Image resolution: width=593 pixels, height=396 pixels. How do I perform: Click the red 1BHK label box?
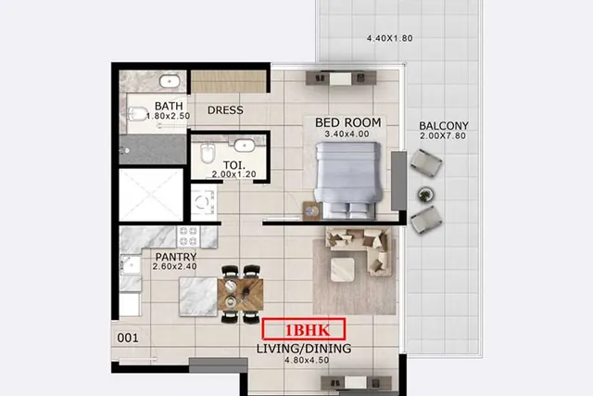click(x=304, y=329)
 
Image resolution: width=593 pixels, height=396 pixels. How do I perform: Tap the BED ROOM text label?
click(x=348, y=122)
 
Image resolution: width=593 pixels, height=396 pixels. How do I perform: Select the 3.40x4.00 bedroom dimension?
click(x=347, y=134)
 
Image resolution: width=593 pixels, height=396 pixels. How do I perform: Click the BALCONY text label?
click(x=444, y=125)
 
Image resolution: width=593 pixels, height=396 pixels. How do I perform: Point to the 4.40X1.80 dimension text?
click(x=389, y=38)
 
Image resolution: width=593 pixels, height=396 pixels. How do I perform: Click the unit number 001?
click(x=128, y=338)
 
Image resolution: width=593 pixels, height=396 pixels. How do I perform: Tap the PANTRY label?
click(x=176, y=257)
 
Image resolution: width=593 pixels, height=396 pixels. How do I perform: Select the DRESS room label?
click(x=225, y=110)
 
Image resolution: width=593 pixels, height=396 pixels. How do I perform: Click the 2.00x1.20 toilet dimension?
click(x=233, y=174)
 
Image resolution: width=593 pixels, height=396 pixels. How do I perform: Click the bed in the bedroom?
click(x=348, y=180)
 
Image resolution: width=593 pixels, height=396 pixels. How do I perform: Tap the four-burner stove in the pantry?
click(x=188, y=236)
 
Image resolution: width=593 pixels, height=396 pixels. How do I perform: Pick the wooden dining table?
click(x=241, y=295)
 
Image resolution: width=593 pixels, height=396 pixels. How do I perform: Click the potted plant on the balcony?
click(x=426, y=195)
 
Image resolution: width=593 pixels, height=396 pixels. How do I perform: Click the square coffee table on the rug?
click(x=343, y=270)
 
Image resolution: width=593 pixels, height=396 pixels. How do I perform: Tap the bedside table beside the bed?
click(x=312, y=211)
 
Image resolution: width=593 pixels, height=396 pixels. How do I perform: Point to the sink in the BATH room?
click(x=170, y=81)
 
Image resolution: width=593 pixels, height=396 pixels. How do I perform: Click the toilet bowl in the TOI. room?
click(x=208, y=153)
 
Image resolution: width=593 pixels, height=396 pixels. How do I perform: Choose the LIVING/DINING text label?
click(x=304, y=349)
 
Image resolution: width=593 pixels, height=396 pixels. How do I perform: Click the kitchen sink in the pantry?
click(x=131, y=266)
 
